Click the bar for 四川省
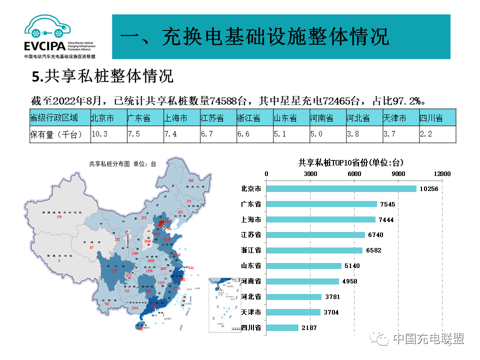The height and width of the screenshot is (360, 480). pos(282,327)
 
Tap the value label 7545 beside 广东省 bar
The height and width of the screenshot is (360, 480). pos(388,204)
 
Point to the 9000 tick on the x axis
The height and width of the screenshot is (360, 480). pos(398,173)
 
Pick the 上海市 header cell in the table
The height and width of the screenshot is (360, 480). pos(181,118)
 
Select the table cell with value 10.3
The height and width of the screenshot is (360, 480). pos(108,134)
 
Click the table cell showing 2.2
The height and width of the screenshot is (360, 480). pos(437,134)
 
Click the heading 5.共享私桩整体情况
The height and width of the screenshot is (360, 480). pos(102,76)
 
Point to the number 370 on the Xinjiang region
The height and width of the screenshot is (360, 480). pos(59,217)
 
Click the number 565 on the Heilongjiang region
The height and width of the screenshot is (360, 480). pos(190,180)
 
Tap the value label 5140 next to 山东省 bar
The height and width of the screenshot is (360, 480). pos(351,266)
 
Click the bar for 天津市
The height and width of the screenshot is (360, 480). pos(293,312)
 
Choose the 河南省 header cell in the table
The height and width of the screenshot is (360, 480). pos(327,118)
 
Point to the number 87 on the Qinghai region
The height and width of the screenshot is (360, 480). pos(91,248)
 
